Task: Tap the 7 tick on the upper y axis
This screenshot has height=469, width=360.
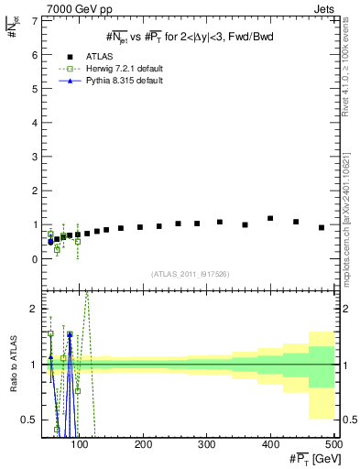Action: point(36,21)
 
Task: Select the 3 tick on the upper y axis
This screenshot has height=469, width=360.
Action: point(36,157)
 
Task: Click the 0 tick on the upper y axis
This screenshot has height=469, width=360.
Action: point(36,259)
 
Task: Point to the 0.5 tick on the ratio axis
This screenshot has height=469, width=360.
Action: point(32,420)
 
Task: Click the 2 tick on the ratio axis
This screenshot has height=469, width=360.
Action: point(36,310)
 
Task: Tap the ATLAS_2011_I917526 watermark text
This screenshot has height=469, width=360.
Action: point(190,274)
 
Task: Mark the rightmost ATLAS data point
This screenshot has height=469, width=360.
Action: point(322,227)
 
